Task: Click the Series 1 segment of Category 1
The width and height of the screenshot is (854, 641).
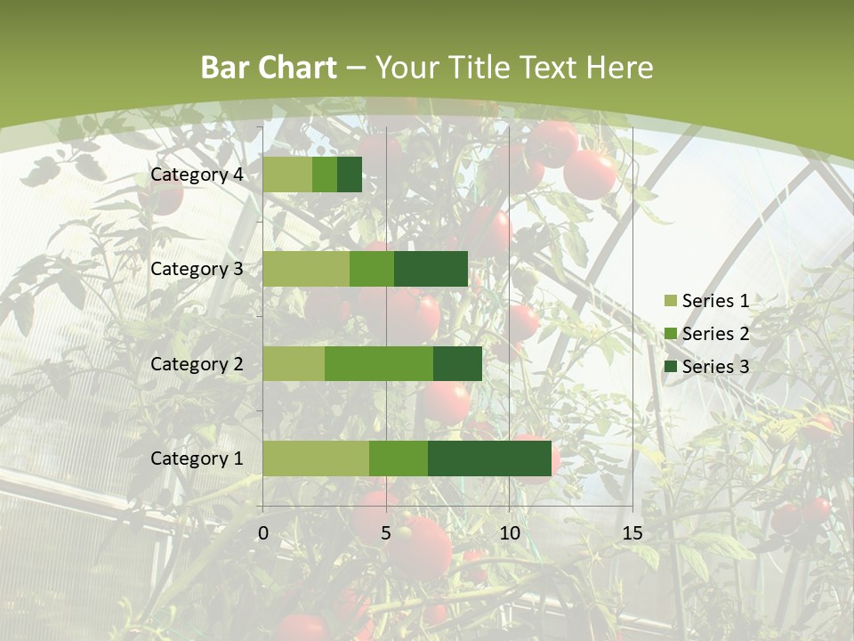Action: click(x=316, y=458)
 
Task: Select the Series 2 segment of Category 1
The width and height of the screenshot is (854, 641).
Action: click(x=399, y=458)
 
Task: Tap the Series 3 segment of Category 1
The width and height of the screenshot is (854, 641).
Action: click(x=489, y=458)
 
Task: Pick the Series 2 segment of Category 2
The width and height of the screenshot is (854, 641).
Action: click(x=379, y=363)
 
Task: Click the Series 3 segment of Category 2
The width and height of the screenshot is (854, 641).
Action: click(x=457, y=363)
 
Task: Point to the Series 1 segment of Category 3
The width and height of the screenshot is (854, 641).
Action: click(x=306, y=269)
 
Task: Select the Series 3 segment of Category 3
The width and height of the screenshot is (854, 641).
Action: click(x=431, y=269)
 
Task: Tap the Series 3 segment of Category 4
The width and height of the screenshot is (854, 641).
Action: click(x=350, y=174)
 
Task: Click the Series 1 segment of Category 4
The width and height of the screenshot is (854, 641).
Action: click(x=287, y=174)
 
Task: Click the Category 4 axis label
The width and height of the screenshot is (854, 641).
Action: click(x=197, y=174)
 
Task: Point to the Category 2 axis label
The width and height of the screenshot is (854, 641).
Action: click(x=197, y=363)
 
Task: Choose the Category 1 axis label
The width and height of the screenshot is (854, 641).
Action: click(x=197, y=458)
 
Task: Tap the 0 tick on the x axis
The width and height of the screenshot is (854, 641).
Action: click(x=263, y=533)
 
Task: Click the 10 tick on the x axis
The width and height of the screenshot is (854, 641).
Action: click(x=509, y=533)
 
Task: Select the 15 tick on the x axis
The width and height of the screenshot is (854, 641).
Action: click(x=632, y=533)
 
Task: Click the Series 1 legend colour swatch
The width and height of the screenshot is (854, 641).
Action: click(x=669, y=301)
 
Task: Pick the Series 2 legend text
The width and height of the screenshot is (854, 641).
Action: click(x=715, y=334)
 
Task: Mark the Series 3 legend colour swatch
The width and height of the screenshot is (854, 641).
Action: click(x=669, y=367)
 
